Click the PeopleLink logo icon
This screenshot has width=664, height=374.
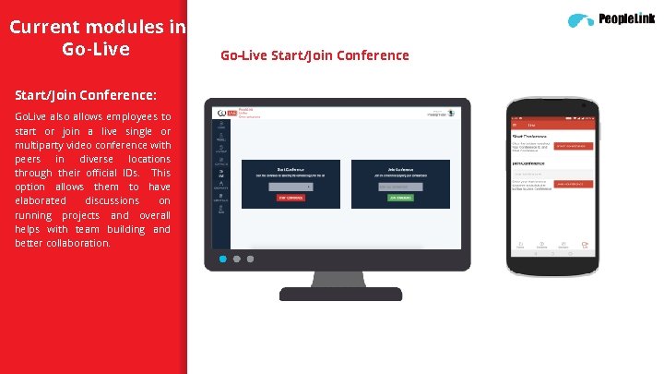581,19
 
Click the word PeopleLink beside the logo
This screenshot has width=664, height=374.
626,18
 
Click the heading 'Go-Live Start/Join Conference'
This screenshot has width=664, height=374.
314,55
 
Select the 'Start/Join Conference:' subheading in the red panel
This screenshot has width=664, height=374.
85,95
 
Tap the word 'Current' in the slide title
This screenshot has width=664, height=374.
47,27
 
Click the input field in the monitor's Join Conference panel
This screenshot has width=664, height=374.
399,187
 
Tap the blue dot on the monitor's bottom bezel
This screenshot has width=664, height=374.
222,260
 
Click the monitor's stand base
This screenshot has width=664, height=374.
345,294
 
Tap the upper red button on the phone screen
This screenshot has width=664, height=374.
572,146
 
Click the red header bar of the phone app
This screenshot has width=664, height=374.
551,123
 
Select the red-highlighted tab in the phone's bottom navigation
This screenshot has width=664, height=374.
584,246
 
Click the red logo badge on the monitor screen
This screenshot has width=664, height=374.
232,112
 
